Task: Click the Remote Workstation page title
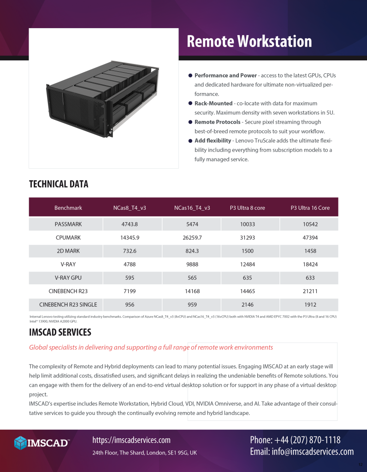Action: point(249,41)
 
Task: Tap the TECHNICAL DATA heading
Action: point(59,184)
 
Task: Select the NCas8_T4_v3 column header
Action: point(130,208)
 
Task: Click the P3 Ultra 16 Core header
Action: point(310,208)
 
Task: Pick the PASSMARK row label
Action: point(68,224)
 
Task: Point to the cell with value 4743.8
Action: point(130,224)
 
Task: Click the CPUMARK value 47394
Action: point(310,238)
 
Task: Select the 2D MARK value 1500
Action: point(248,251)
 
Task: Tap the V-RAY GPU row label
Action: point(68,278)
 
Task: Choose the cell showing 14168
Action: point(192,291)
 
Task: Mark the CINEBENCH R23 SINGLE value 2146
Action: point(248,305)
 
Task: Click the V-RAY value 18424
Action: point(310,265)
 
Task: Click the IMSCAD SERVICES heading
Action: point(60,332)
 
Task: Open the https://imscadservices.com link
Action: point(131,440)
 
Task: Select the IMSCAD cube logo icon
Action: point(20,443)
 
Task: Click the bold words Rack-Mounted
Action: point(213,103)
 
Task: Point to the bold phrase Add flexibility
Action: point(213,141)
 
